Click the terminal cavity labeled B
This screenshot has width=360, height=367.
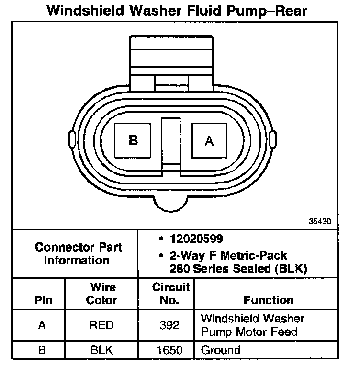coord(134,140)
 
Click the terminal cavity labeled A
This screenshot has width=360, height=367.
coord(209,140)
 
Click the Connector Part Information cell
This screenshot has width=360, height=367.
coord(79,254)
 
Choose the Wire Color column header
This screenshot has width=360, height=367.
coord(102,294)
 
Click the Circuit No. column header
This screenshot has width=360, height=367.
coord(170,294)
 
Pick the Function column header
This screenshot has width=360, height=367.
coord(269,300)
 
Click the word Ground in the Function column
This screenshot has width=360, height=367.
coord(221,350)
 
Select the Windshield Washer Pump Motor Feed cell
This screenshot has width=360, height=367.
coord(253,325)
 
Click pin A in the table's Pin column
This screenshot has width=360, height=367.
coord(42,325)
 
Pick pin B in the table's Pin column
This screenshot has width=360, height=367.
coord(42,350)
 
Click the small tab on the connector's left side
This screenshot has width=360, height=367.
coord(72,140)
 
